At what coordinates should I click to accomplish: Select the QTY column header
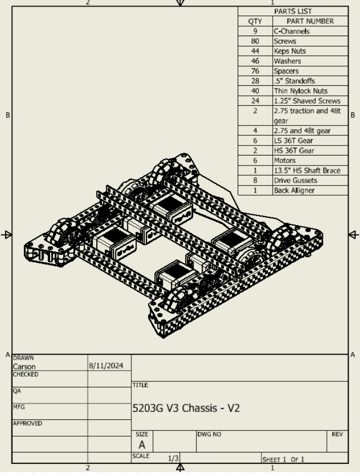tap(255, 21)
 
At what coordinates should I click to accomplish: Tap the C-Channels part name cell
tap(291, 31)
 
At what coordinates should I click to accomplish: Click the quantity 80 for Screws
tap(255, 41)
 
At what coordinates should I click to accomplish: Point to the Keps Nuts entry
tap(289, 51)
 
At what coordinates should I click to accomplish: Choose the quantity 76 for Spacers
tap(255, 71)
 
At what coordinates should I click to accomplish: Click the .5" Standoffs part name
tap(294, 81)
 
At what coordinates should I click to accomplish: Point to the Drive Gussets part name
tap(295, 180)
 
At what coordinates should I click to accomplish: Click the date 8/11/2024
tap(106, 367)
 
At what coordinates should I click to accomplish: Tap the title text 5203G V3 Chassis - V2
tap(186, 408)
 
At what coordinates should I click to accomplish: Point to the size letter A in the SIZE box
tap(142, 444)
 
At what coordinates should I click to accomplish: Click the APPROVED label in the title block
tap(28, 423)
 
